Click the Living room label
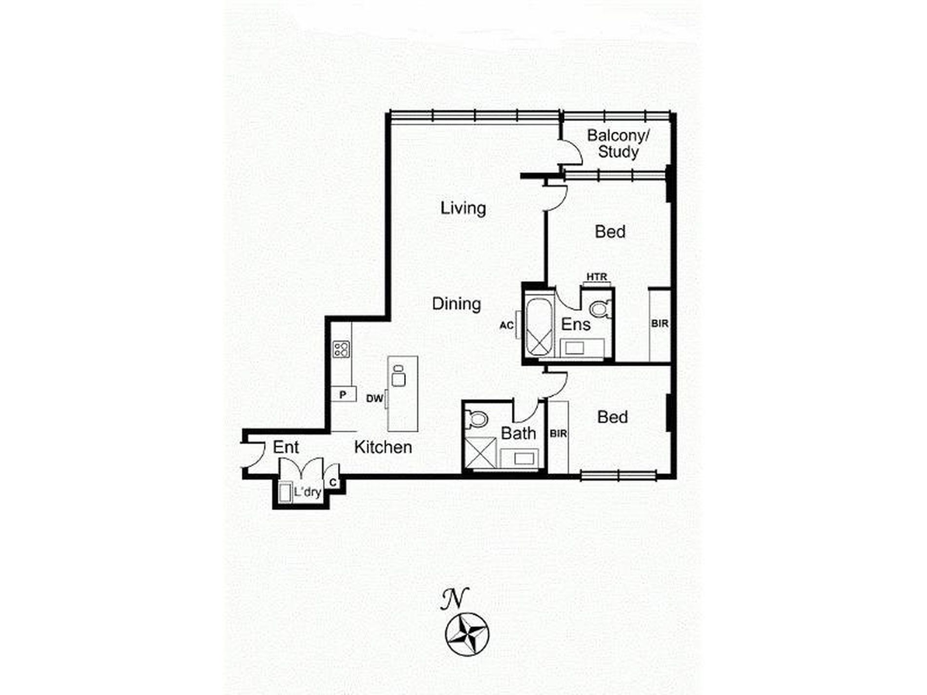pyautogui.click(x=463, y=208)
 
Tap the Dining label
pyautogui.click(x=457, y=304)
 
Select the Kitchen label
pyautogui.click(x=383, y=447)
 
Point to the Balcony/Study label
pyautogui.click(x=618, y=143)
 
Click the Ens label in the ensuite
pyautogui.click(x=576, y=324)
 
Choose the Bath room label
pyautogui.click(x=518, y=433)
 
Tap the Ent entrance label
pyautogui.click(x=286, y=447)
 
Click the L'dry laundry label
pyautogui.click(x=307, y=492)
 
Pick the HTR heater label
pyautogui.click(x=597, y=277)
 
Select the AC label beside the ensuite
pyautogui.click(x=506, y=325)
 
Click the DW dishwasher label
pyautogui.click(x=375, y=398)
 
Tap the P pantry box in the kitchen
pyautogui.click(x=343, y=394)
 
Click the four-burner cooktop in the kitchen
pyautogui.click(x=341, y=349)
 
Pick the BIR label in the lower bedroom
pyautogui.click(x=558, y=433)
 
